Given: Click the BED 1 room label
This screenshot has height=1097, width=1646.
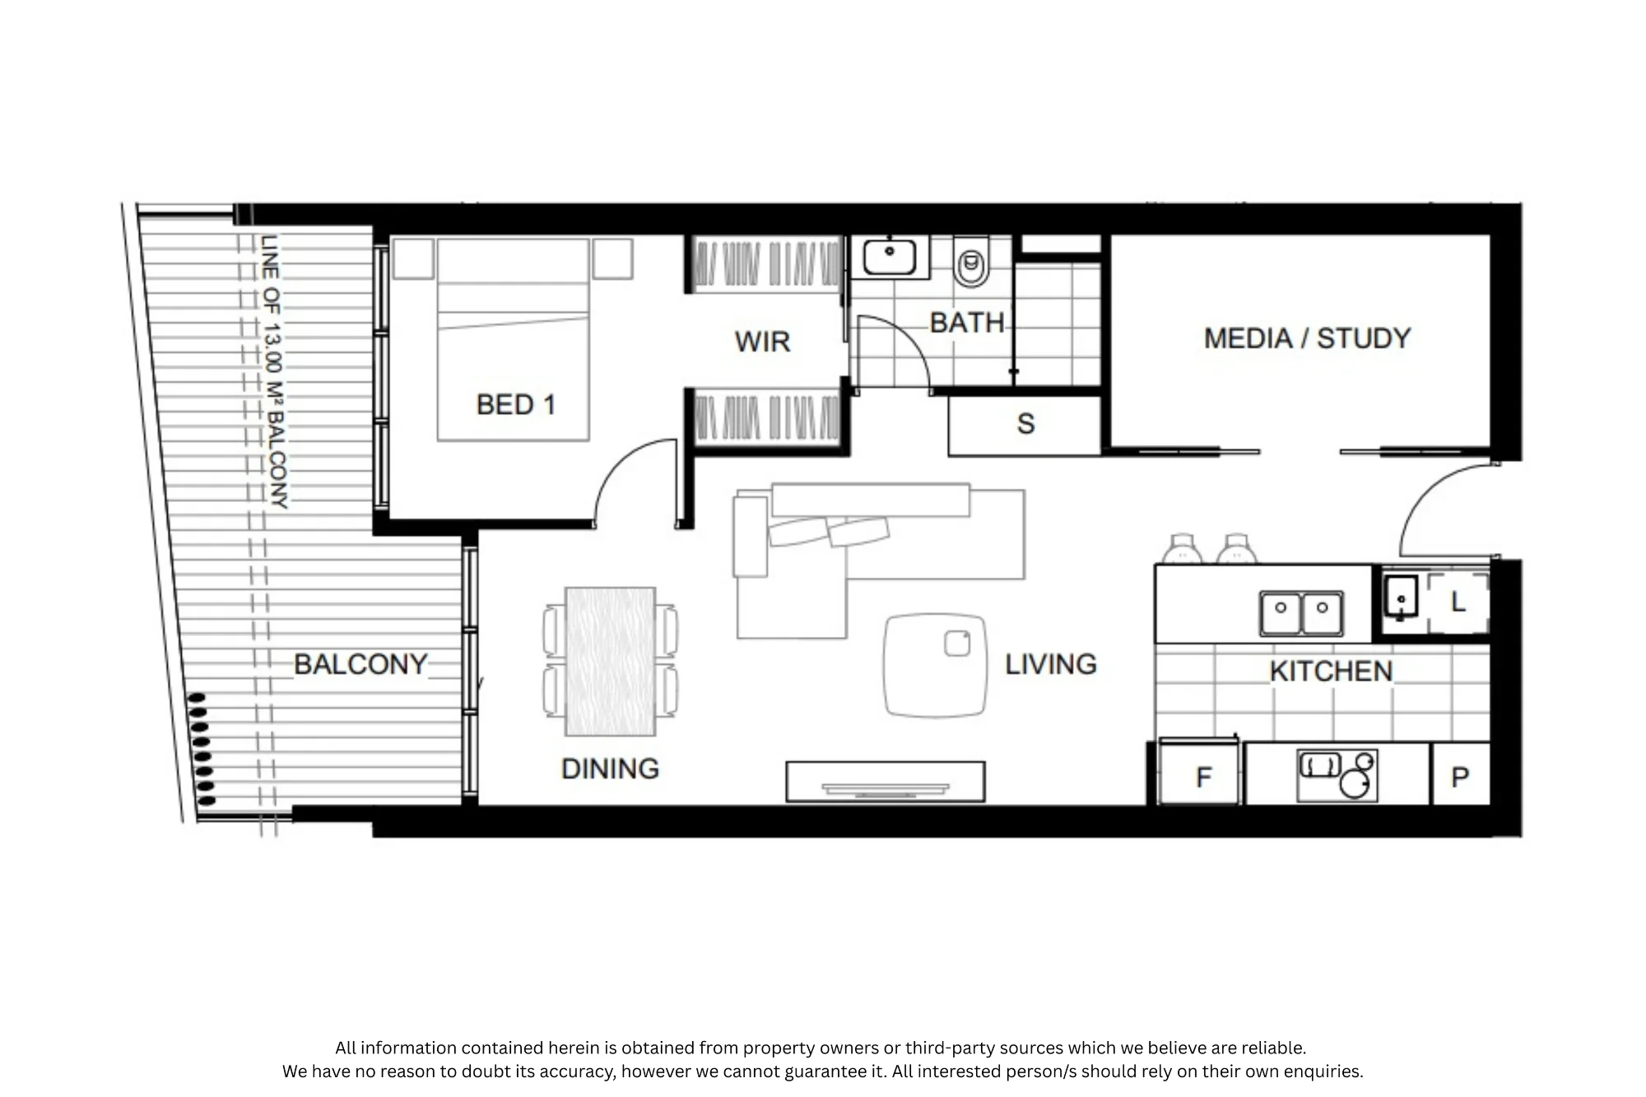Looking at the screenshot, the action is pos(516,405).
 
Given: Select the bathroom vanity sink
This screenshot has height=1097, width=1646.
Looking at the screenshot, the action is pos(890,257).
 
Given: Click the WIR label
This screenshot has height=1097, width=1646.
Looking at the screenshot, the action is pos(762,342).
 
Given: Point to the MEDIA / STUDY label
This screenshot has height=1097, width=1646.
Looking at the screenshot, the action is pos(1307,338).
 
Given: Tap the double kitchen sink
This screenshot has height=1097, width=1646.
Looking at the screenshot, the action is pos(1301,613).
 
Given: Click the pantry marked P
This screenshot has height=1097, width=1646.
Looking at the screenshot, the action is pos(1461,774).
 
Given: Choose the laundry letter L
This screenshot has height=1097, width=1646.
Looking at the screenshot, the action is pos(1458,602).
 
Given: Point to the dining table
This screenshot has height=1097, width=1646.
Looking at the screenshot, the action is pos(610,661).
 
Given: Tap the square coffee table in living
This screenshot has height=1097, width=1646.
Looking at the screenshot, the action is pos(935,665).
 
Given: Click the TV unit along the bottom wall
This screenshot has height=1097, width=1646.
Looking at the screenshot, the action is pos(886,781).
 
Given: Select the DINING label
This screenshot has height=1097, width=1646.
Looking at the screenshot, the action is pos(610,769).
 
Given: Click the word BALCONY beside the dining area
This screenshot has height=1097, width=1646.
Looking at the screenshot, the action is pos(360,664).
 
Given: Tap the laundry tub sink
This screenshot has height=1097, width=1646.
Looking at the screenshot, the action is pos(1401,597).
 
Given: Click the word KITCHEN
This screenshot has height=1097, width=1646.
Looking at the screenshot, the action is pos(1331,672).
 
